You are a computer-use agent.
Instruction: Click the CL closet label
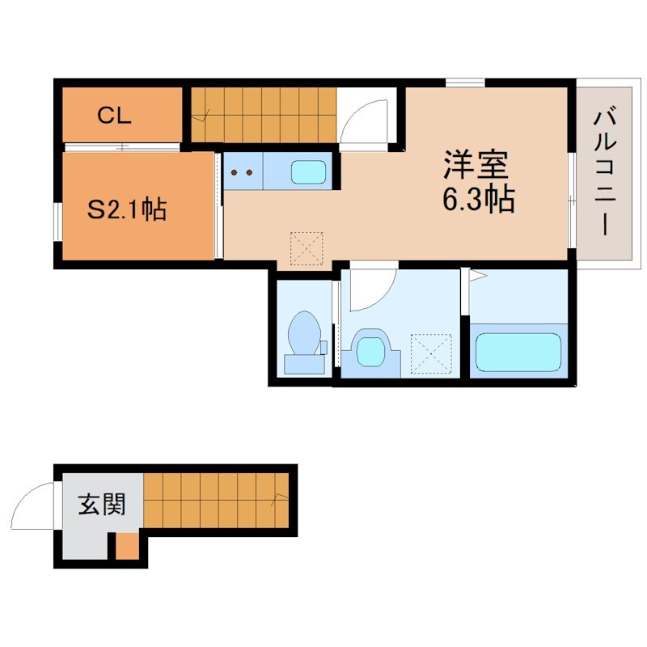tap(114, 116)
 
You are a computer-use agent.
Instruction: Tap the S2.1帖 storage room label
tap(127, 209)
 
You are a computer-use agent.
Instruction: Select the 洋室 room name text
tap(476, 165)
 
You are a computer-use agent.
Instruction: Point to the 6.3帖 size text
tap(478, 199)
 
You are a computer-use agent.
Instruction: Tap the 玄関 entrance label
tap(102, 504)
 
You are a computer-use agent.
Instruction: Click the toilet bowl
tap(305, 333)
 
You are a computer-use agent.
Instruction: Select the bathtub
tap(518, 352)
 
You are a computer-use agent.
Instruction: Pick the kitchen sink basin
tap(308, 172)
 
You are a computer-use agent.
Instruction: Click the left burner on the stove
tap(234, 172)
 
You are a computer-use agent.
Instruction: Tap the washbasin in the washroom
tap(370, 351)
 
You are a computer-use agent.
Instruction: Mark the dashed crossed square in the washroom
tap(431, 353)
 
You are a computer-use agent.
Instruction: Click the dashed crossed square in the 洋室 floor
tap(307, 248)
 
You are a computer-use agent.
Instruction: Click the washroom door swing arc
tap(379, 298)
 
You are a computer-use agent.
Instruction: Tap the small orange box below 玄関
tap(127, 547)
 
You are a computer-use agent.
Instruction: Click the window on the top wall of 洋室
tap(465, 82)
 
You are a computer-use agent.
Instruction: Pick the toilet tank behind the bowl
tap(305, 365)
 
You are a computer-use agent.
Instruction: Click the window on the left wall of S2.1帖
tap(57, 221)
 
